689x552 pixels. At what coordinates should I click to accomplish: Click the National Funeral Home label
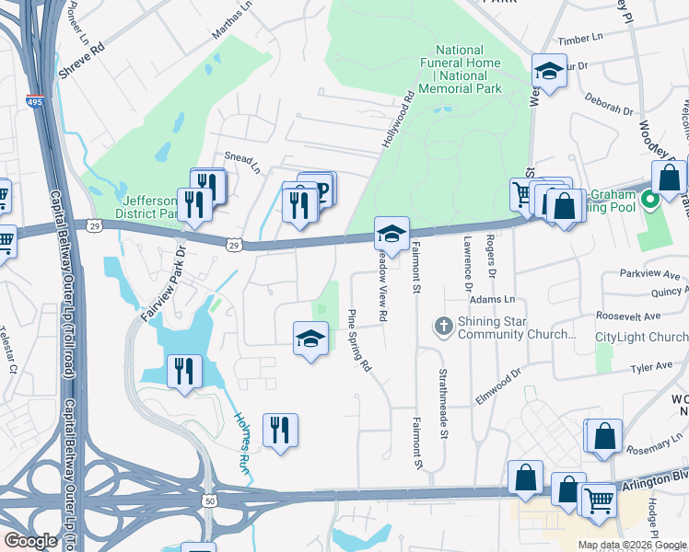pos(460,69)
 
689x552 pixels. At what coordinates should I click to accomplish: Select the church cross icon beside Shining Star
pos(443,326)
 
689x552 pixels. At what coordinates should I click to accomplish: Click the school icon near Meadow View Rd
pos(391,234)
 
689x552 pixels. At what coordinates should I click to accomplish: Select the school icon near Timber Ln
pos(548,71)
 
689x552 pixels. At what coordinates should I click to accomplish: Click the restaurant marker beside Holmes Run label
pos(280,430)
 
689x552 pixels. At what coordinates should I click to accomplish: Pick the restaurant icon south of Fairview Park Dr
pos(184,371)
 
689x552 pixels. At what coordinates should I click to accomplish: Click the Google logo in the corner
pos(31,541)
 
